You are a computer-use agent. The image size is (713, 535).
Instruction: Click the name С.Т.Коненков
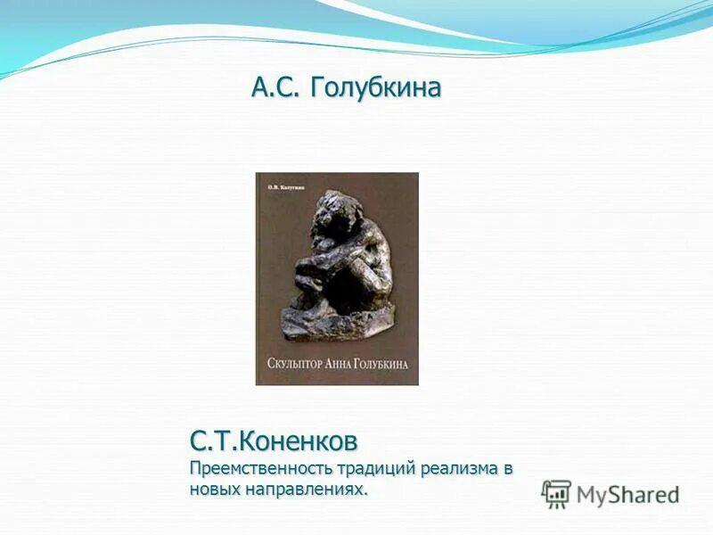[x=274, y=440]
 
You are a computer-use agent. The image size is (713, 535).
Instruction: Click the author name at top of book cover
[x=286, y=188]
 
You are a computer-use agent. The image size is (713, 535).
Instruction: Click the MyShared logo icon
[x=557, y=493]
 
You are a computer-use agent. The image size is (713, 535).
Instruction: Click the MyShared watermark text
[x=628, y=494]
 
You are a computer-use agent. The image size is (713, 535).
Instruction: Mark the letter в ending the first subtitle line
[x=509, y=468]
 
